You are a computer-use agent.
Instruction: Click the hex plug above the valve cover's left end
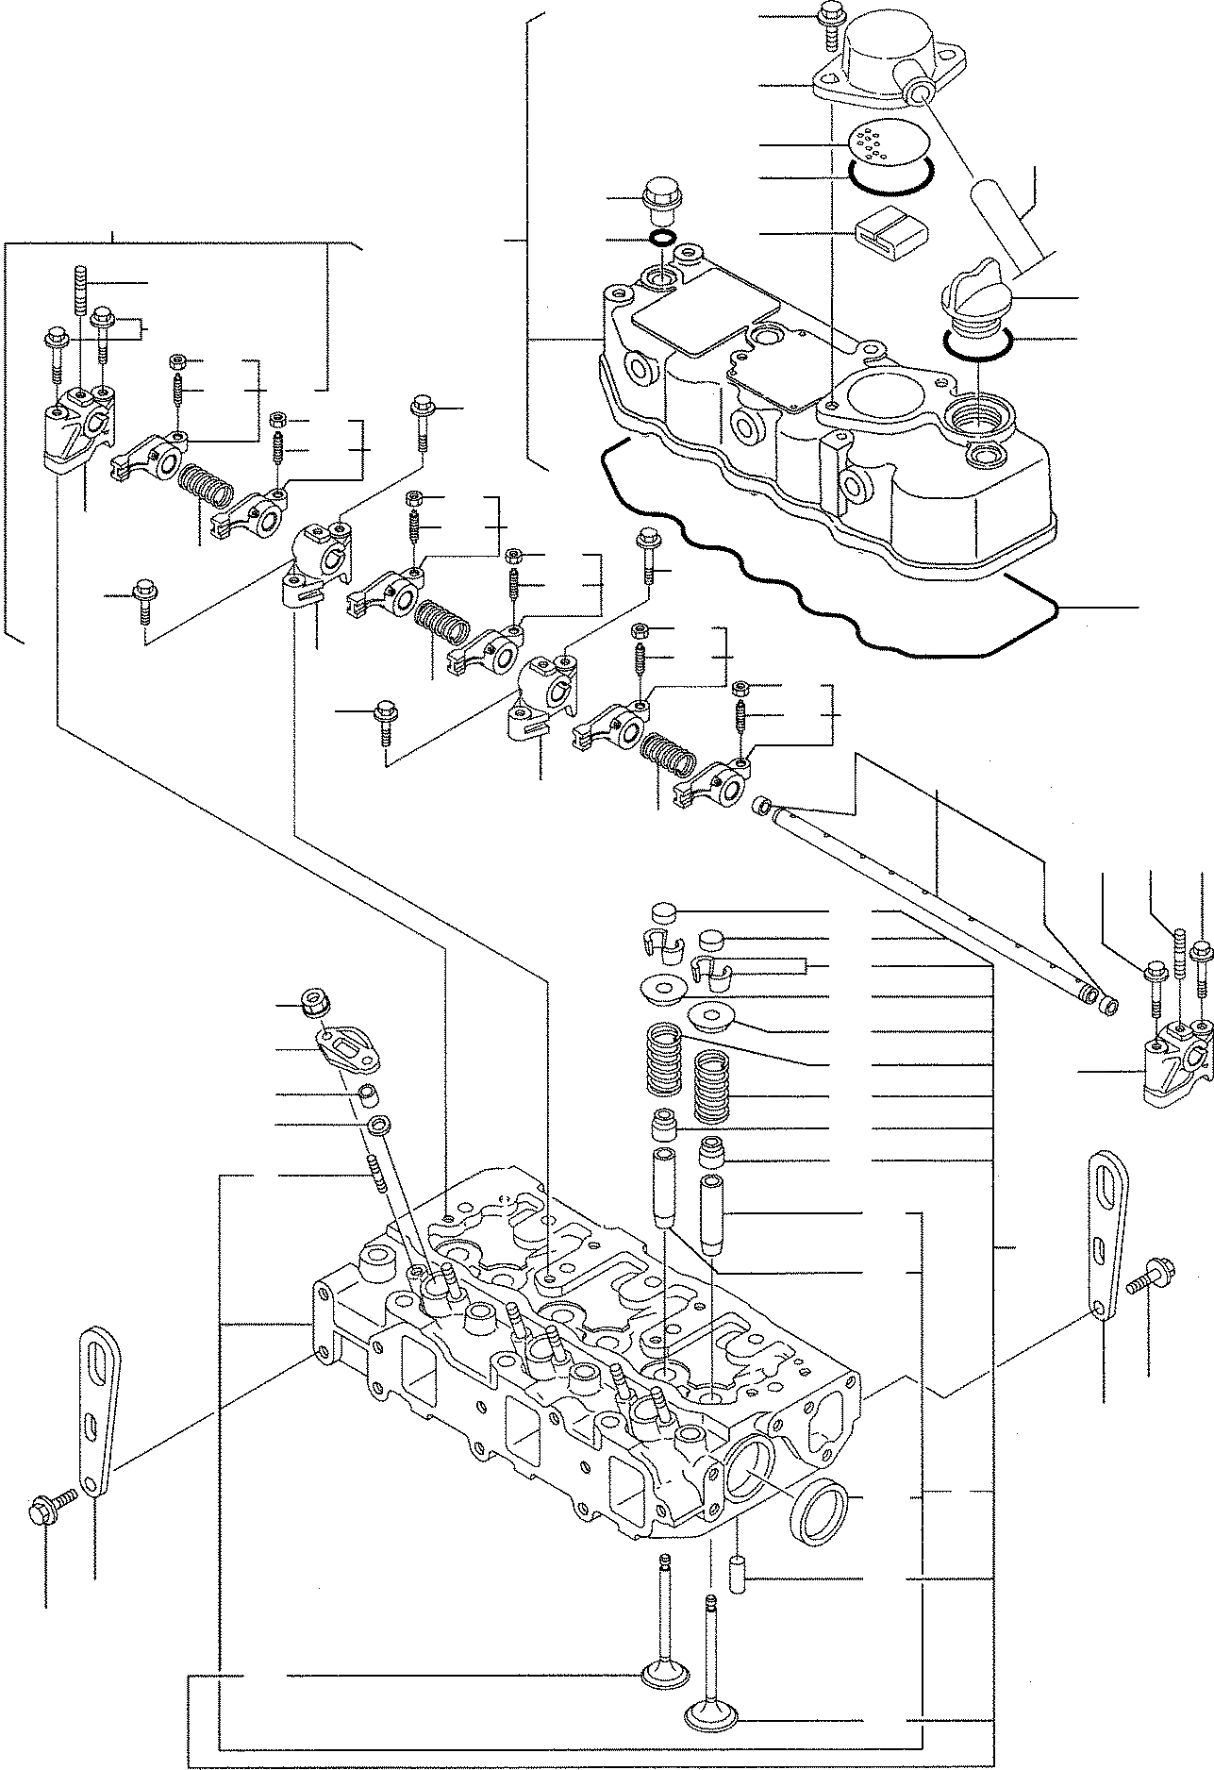(658, 196)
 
